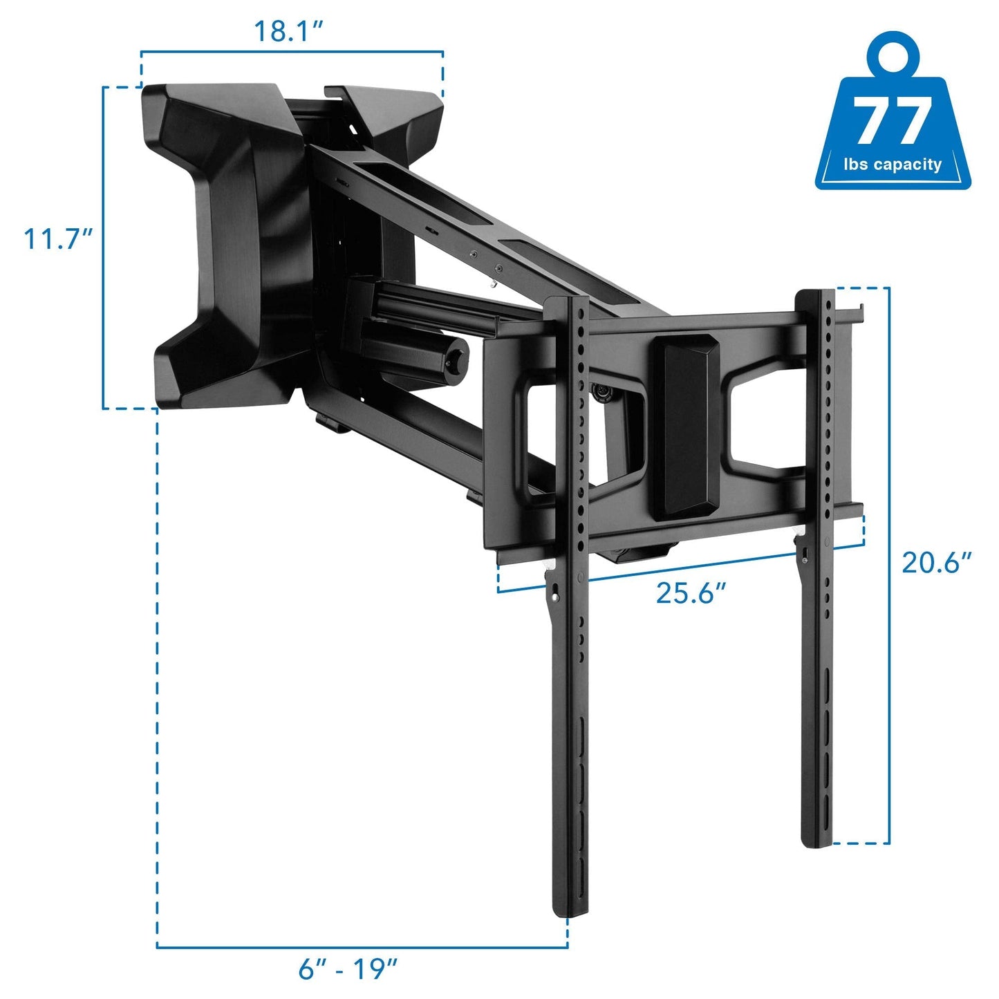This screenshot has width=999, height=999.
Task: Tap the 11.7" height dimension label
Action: click(x=59, y=239)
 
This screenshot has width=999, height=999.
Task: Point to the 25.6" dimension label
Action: click(x=691, y=592)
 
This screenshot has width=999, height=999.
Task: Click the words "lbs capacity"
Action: click(x=893, y=165)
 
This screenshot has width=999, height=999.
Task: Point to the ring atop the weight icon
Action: click(x=893, y=55)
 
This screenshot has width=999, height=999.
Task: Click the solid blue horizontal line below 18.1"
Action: click(x=291, y=52)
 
